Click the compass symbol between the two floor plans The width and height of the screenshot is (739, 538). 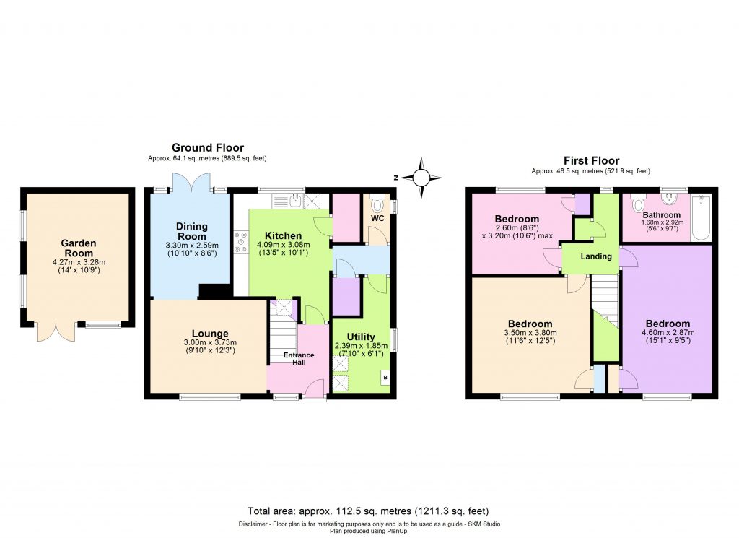(x=422, y=175)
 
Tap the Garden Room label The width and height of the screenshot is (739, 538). (x=78, y=248)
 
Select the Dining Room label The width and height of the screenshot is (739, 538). (x=191, y=231)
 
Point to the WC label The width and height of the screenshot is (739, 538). (x=377, y=217)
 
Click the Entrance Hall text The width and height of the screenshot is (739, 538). (x=298, y=358)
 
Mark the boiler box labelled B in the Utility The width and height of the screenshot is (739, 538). (x=385, y=377)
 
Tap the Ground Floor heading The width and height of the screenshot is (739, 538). (x=207, y=148)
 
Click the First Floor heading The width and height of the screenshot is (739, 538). (x=590, y=161)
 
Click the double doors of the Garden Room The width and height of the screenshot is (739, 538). (x=56, y=332)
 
